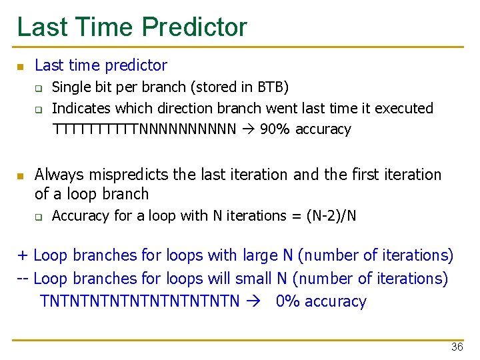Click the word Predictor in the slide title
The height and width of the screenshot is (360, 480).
[x=194, y=27]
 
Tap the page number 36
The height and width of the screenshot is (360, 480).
[x=457, y=347]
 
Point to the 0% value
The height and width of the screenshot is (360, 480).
[x=288, y=301]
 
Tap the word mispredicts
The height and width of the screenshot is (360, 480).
[x=127, y=175]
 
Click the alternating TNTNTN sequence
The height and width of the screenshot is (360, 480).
[x=140, y=301]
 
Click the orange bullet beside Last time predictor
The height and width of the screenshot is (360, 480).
[x=20, y=67]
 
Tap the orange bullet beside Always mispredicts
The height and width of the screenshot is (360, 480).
[x=20, y=176]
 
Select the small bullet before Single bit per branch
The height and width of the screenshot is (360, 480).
[x=39, y=88]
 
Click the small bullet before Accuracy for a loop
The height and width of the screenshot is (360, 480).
[x=39, y=217]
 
